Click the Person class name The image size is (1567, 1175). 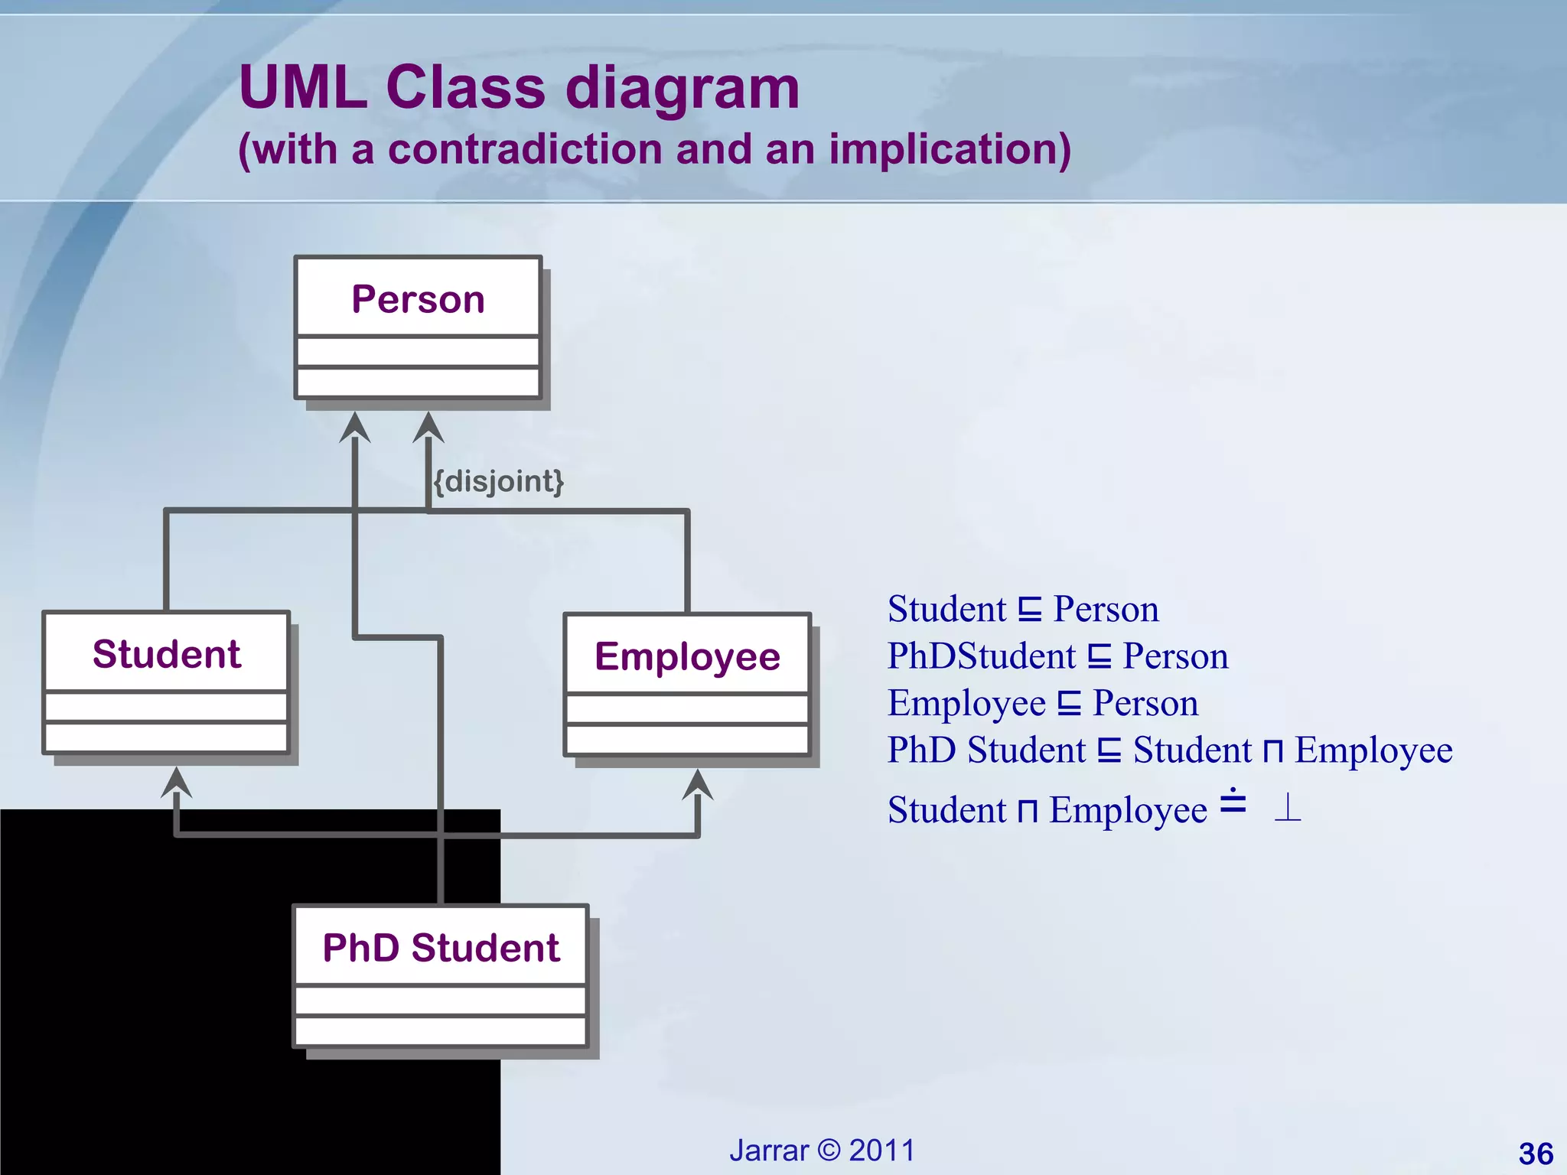click(418, 299)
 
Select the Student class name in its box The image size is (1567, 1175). click(166, 654)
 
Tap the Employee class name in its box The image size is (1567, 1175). click(687, 656)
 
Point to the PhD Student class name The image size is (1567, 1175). click(441, 948)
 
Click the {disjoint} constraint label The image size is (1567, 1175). click(499, 481)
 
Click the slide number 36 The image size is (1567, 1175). click(1536, 1154)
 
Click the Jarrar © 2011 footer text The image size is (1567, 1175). click(822, 1150)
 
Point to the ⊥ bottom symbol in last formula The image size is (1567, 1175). click(1288, 809)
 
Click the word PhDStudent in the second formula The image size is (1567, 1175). click(981, 656)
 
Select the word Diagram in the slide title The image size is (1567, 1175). click(683, 87)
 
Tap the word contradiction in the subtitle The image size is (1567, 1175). click(524, 148)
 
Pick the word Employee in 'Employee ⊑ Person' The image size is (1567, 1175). click(966, 703)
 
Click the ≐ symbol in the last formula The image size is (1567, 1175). click(1233, 802)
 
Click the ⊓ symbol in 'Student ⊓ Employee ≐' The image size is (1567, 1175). click(1028, 811)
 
